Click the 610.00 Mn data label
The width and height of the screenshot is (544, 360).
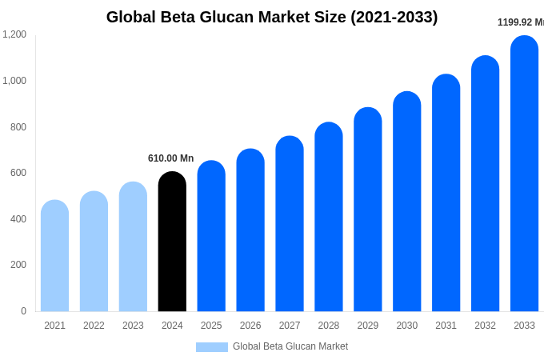[x=170, y=158]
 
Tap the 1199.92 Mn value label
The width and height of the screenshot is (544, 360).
[x=520, y=22]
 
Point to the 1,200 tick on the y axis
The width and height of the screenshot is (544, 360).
[x=14, y=34]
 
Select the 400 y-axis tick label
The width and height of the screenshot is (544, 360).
[x=18, y=219]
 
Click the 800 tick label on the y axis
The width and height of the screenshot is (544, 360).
[x=18, y=127]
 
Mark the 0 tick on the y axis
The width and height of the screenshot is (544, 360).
[x=23, y=311]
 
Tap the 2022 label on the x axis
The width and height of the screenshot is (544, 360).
[x=94, y=326]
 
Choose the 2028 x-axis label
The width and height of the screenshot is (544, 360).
[x=328, y=326]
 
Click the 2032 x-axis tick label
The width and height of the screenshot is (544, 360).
[x=485, y=326]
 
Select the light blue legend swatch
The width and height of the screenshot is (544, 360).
[x=212, y=347]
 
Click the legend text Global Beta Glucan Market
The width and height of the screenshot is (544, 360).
[x=290, y=346]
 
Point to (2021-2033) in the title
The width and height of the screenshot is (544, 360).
[x=394, y=17]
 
